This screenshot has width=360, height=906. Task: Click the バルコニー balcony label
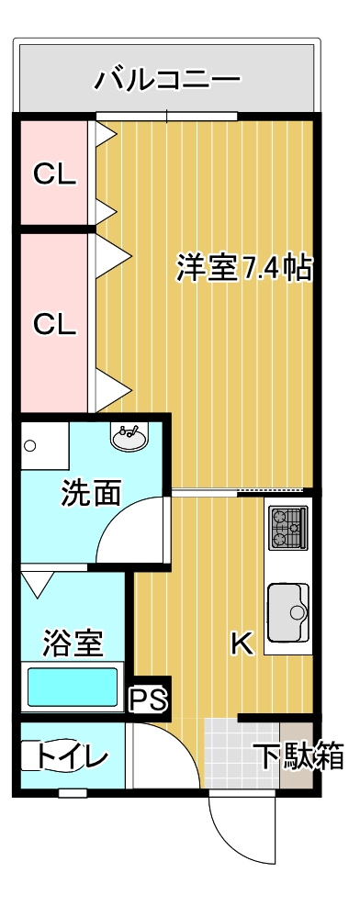pos(167,79)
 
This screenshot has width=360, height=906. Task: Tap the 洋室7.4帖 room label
pos(244,267)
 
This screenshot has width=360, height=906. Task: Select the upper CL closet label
pos(54,173)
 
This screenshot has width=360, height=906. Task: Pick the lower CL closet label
pos(54,324)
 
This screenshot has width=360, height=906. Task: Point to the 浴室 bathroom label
pos(73,643)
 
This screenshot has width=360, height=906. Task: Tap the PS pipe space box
pos(149,699)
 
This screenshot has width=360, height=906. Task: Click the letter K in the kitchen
pos(242,643)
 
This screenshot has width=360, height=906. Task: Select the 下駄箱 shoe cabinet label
pos(300,756)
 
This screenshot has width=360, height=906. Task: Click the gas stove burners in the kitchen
pos(287,528)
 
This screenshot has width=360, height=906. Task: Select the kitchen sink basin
pos(288,612)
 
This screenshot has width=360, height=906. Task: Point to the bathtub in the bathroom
pos(73,688)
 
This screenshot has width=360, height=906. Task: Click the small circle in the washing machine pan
pos(30,446)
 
